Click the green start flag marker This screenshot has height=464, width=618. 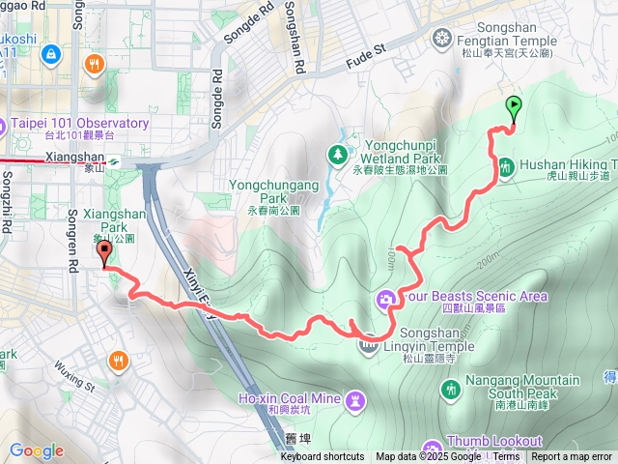(513, 109)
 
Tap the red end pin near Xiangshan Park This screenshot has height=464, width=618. (105, 252)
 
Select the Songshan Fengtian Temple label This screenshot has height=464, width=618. (504, 42)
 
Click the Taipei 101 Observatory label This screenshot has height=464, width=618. (80, 124)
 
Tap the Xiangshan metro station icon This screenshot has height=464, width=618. (114, 161)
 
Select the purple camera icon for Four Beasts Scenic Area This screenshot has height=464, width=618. (386, 298)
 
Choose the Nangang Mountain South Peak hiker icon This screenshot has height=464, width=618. (449, 389)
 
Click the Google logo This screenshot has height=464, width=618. (36, 450)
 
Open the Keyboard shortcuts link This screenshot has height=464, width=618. (323, 457)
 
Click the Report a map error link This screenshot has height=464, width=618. (574, 457)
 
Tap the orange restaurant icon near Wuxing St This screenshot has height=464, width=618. (117, 360)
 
